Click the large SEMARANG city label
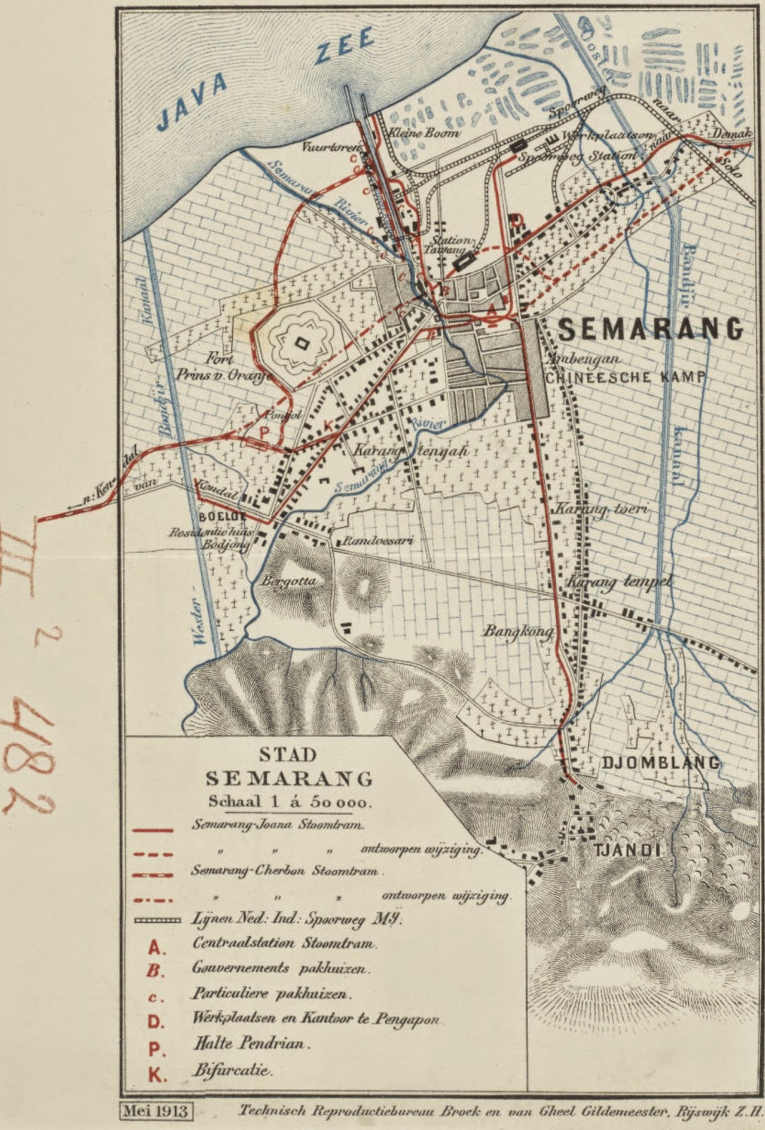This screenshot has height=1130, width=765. pos(651,328)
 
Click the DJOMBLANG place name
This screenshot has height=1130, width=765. pos(661,763)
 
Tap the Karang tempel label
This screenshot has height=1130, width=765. pos(619,582)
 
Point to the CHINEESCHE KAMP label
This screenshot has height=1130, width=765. pos(625,377)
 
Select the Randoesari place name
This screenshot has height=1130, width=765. pos(377,542)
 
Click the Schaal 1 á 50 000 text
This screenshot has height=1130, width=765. pos(289,802)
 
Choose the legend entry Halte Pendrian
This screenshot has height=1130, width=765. pos(252,1042)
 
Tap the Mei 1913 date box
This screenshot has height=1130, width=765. pos(157,1111)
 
